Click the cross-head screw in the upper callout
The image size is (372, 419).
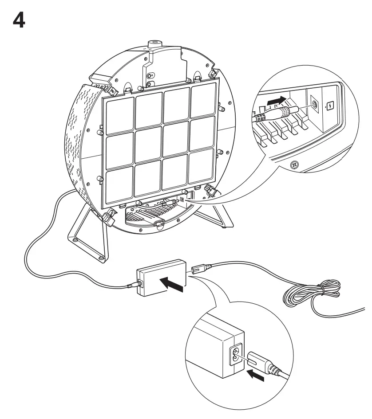coord(293,164)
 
